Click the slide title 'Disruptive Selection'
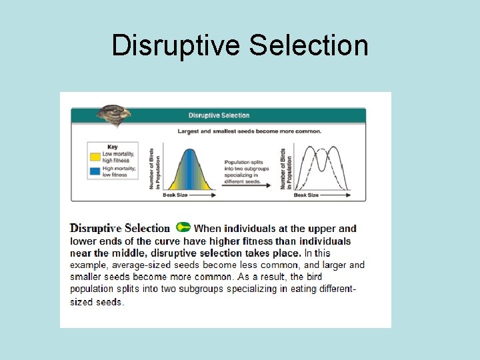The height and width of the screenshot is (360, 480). click(240, 45)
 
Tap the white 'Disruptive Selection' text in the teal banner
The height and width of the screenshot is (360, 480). click(219, 115)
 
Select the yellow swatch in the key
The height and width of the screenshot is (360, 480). click(95, 157)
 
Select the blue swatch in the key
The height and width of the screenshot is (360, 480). click(95, 171)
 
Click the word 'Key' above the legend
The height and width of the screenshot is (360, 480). click(113, 147)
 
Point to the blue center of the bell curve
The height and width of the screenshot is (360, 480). click(189, 170)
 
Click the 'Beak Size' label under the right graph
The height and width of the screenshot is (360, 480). click(307, 195)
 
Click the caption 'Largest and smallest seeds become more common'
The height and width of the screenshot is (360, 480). click(249, 131)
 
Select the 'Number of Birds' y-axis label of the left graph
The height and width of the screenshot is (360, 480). click(152, 168)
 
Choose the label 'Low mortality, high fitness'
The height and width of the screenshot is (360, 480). click(118, 157)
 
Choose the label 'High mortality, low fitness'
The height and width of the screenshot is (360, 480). click(118, 171)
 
